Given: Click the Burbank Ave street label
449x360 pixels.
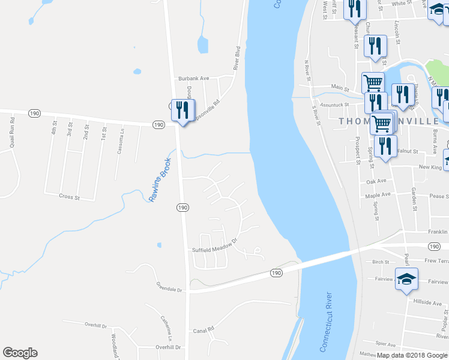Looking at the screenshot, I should [193, 79].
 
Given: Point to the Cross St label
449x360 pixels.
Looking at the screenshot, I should [70, 196].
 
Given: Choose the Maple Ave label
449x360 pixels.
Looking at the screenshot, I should [378, 194].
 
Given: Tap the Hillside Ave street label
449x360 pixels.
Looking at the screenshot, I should [427, 303].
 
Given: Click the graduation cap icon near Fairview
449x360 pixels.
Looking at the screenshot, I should [406, 278].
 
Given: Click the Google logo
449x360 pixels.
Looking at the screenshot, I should [20, 353].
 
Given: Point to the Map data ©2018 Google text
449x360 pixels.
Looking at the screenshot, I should [412, 355].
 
